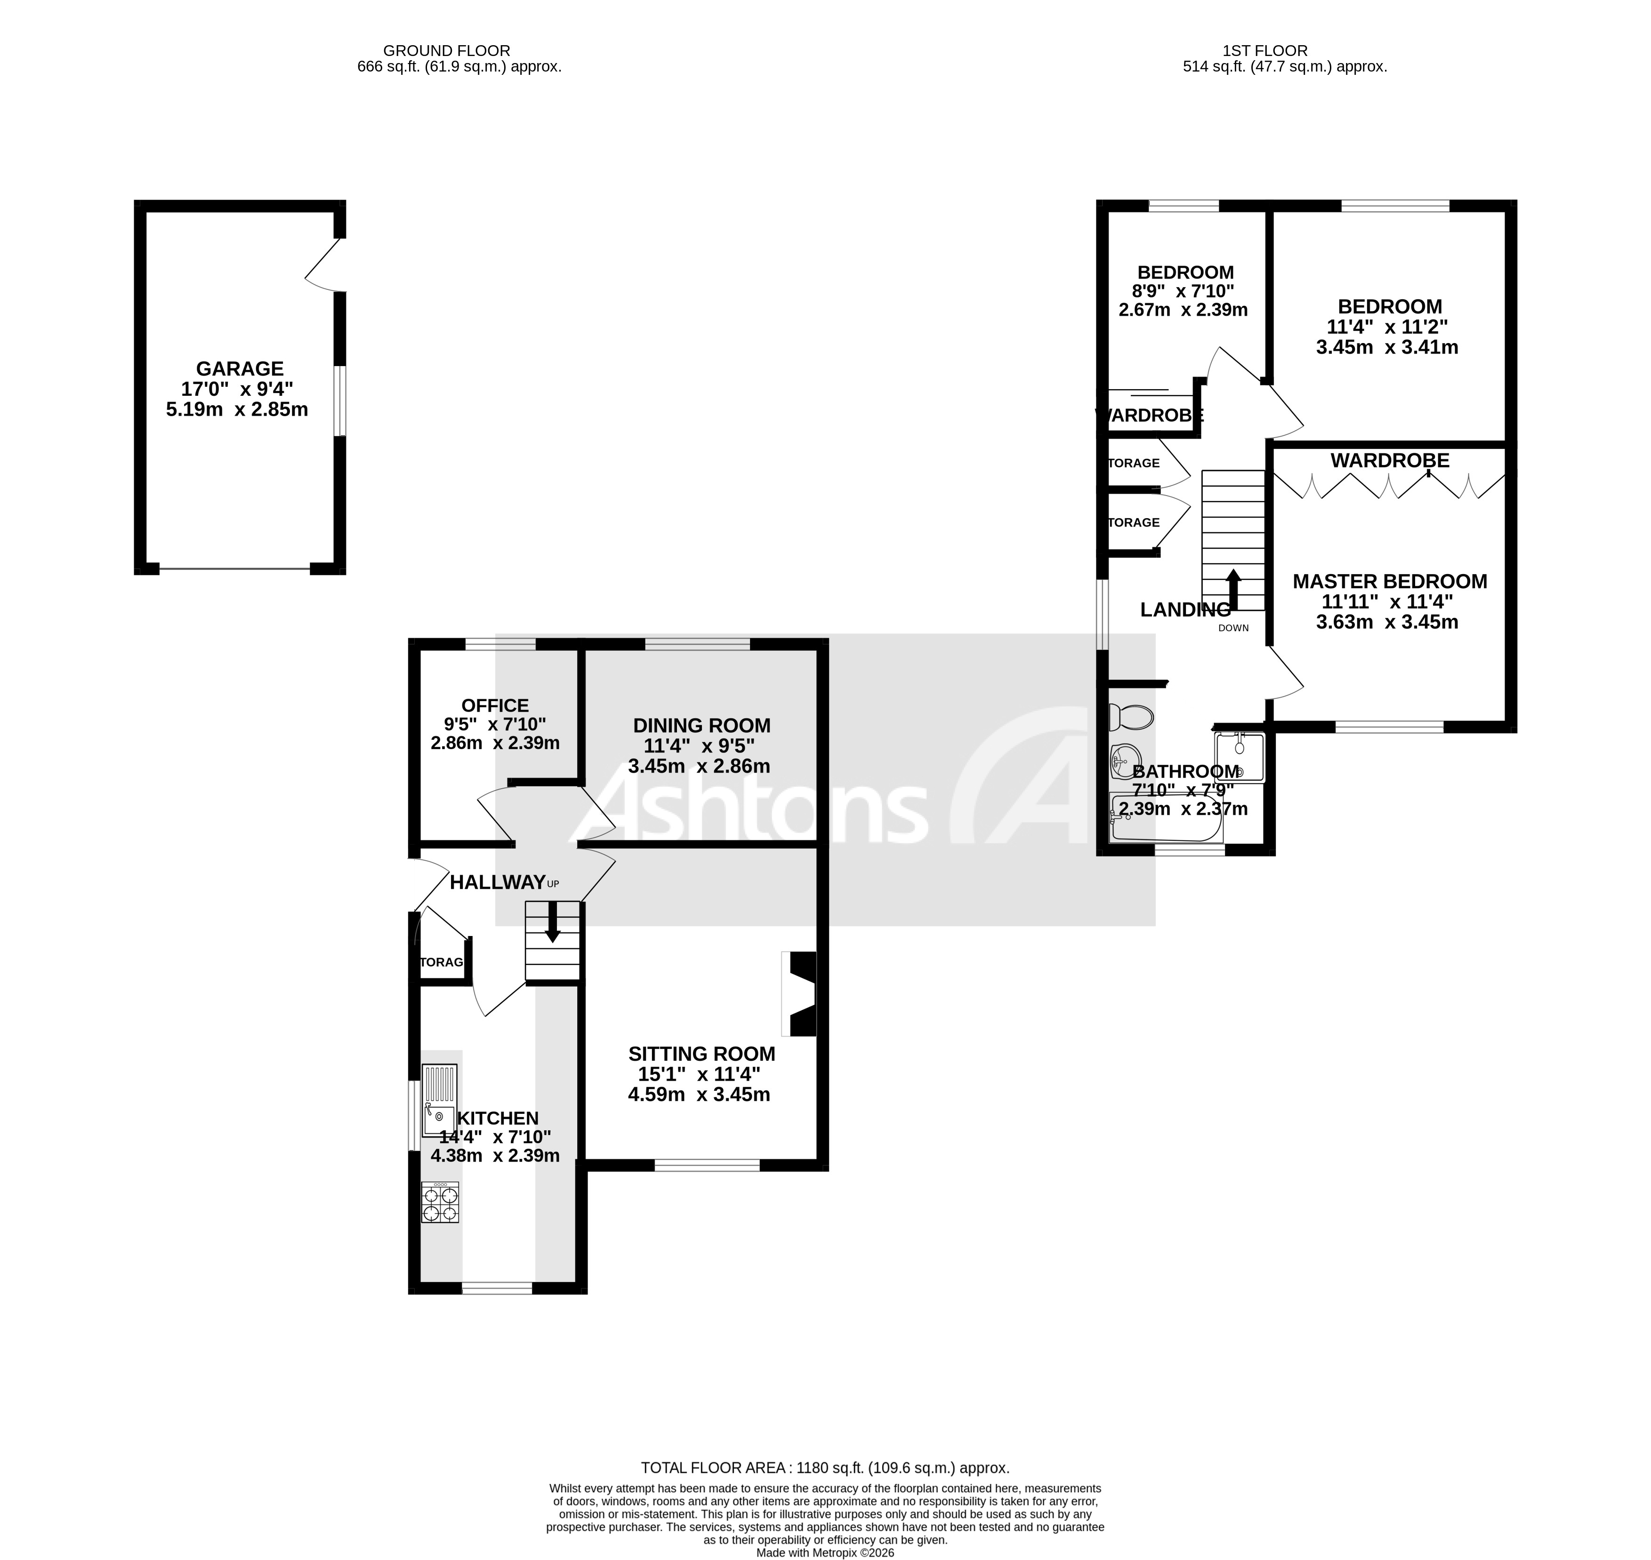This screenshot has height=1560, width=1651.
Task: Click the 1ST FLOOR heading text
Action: (x=1265, y=51)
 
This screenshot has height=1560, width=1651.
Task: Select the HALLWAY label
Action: (x=498, y=882)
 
